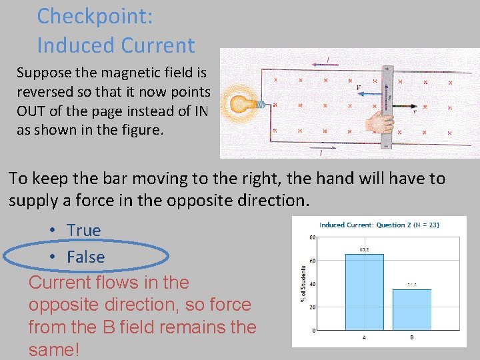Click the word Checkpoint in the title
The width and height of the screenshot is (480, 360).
pyautogui.click(x=95, y=16)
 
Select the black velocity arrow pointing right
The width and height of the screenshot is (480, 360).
pyautogui.click(x=404, y=105)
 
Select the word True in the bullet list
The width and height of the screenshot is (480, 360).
pyautogui.click(x=83, y=231)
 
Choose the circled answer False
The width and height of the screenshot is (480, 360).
pyautogui.click(x=85, y=257)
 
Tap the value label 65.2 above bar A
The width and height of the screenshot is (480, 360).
pyautogui.click(x=365, y=249)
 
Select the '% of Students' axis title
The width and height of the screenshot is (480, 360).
pyautogui.click(x=304, y=283)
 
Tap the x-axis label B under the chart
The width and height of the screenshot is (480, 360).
pyautogui.click(x=411, y=337)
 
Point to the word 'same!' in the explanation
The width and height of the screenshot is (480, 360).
pyautogui.click(x=54, y=349)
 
